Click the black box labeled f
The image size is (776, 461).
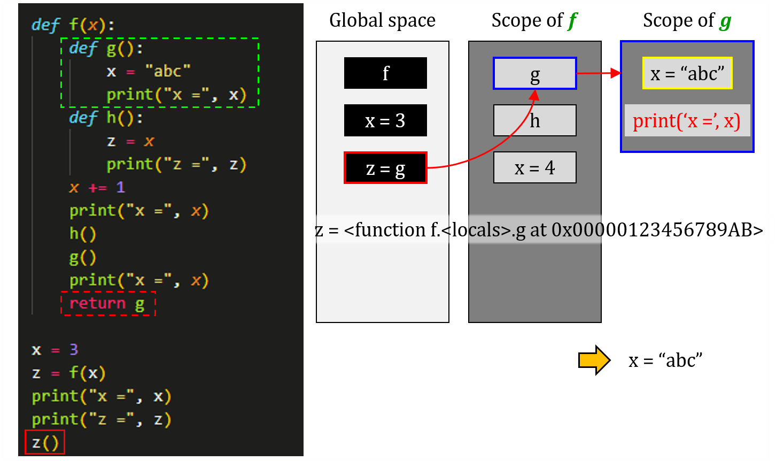pos(385,73)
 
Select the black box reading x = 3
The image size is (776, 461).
pos(385,120)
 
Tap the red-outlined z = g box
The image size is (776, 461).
pos(385,168)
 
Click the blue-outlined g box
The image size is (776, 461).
pos(534,73)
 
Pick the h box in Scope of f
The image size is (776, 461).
pos(534,120)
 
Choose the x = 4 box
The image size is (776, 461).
pos(534,167)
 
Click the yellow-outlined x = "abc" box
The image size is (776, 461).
pos(687,73)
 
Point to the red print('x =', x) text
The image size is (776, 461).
pos(687,121)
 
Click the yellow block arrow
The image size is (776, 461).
pos(594,360)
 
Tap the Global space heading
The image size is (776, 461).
pos(382,20)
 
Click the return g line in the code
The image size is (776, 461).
pos(107,304)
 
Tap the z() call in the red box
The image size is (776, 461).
pos(45,443)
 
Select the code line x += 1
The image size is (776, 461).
pos(97,187)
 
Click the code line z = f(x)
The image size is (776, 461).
pos(68,373)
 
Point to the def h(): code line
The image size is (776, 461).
pos(106,118)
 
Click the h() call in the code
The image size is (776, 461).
pos(82,234)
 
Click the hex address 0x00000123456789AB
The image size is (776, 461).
pos(657,230)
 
